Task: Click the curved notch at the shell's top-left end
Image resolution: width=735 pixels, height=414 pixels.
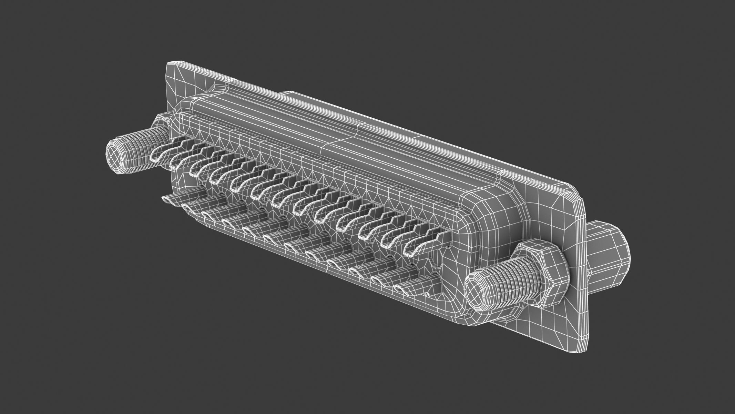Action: pyautogui.click(x=221, y=88)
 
